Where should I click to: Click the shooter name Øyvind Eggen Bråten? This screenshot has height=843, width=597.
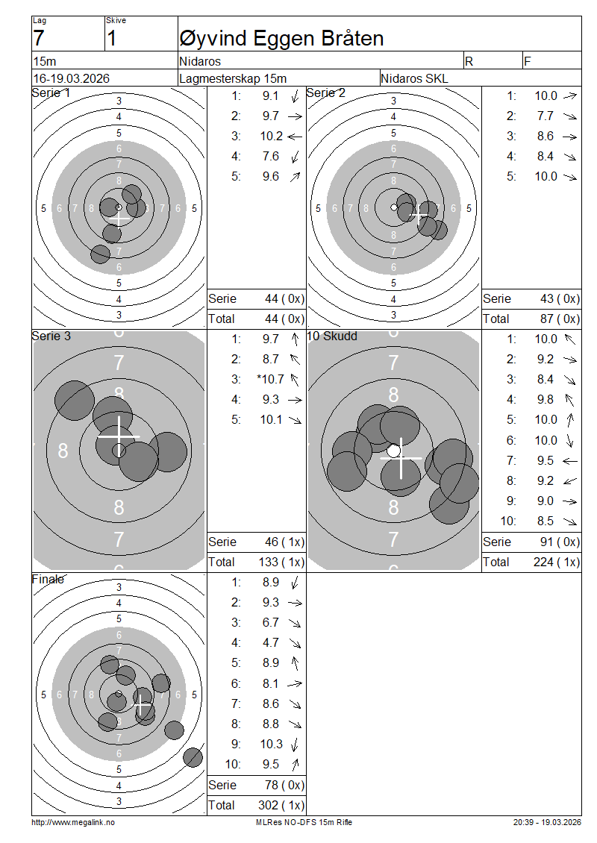click(281, 38)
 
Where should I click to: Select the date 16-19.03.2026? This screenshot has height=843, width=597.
click(72, 78)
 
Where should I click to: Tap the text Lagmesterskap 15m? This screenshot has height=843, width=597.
click(233, 78)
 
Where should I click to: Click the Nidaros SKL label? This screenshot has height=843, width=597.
click(414, 78)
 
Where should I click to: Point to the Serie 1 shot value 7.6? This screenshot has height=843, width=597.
click(271, 157)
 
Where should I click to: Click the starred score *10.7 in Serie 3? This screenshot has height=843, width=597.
click(270, 380)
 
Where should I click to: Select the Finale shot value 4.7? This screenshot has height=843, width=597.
click(271, 643)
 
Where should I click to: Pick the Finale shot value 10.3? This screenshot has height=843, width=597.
click(271, 744)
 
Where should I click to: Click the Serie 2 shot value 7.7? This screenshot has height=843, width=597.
click(545, 116)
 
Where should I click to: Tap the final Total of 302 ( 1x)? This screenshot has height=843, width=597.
click(281, 806)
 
